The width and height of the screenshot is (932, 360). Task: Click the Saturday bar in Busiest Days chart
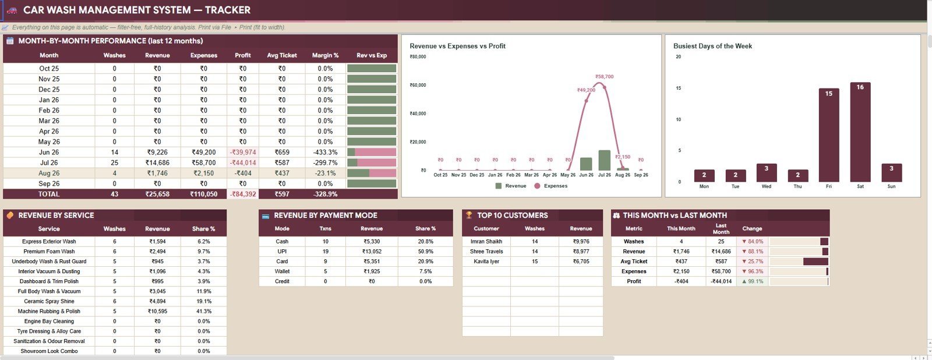click(860, 132)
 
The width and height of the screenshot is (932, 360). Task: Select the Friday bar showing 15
click(829, 135)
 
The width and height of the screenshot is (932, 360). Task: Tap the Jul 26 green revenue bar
click(604, 160)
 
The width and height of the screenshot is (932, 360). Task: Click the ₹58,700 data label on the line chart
click(604, 76)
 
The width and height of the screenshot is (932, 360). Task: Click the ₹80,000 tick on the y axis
click(418, 57)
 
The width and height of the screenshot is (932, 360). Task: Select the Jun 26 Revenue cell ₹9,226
click(157, 152)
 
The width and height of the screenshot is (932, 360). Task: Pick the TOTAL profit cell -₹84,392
click(243, 194)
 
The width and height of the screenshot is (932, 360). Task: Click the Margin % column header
click(326, 55)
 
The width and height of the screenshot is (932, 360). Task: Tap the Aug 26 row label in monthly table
click(49, 173)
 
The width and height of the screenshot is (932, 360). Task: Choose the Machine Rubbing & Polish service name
click(49, 311)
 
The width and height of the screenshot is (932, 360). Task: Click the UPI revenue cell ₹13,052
click(372, 252)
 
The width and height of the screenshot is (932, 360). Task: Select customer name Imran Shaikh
click(486, 241)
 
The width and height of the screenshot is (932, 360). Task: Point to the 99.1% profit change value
click(752, 281)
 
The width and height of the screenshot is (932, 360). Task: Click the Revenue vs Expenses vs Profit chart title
click(458, 46)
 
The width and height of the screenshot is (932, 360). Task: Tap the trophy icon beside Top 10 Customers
click(469, 215)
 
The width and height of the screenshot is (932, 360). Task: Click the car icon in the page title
click(12, 10)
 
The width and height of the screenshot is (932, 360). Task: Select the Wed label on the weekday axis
click(767, 186)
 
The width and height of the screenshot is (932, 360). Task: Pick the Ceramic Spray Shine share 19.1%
click(204, 301)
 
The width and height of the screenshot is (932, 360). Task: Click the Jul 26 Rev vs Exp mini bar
click(372, 163)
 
